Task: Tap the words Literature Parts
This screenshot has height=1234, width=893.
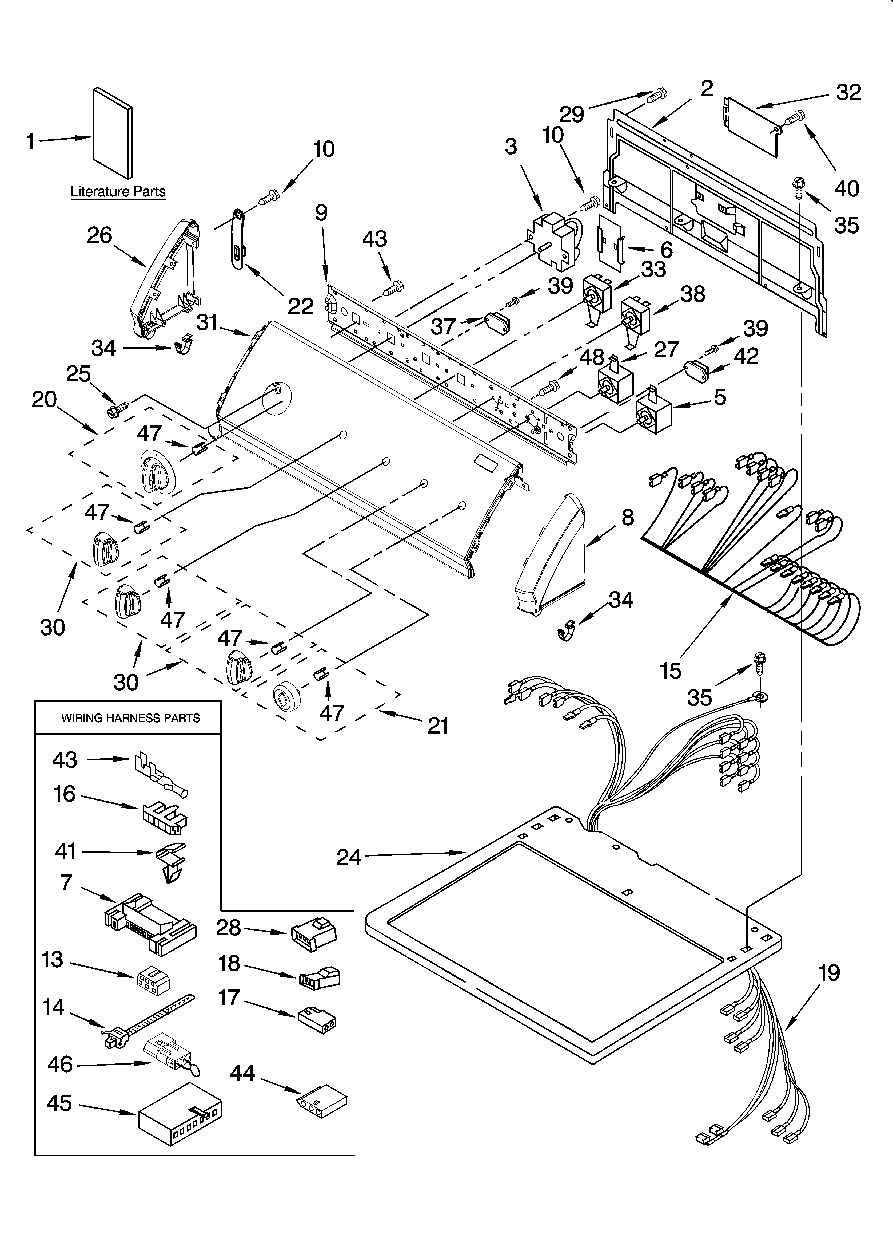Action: [x=118, y=192]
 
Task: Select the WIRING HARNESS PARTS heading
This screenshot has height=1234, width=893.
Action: [x=130, y=718]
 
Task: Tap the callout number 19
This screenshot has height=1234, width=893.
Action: [x=829, y=972]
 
